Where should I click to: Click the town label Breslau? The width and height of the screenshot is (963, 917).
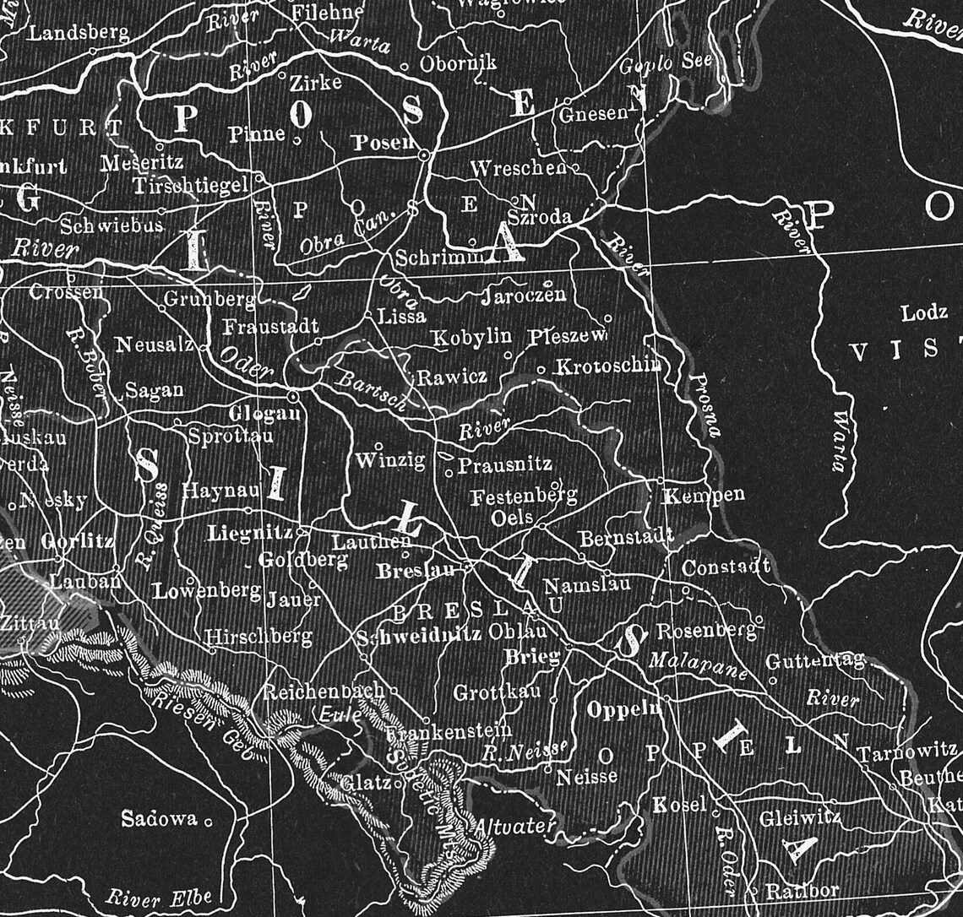point(415,571)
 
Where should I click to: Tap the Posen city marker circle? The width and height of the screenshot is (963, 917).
point(425,156)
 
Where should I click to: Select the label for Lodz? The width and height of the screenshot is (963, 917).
point(924,313)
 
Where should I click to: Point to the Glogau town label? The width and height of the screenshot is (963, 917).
point(264,414)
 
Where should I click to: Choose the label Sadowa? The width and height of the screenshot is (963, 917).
point(159,818)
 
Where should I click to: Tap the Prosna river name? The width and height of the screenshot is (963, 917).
point(704,404)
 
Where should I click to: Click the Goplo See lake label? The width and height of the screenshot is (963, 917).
point(666,62)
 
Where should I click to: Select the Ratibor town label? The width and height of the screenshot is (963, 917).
point(802,890)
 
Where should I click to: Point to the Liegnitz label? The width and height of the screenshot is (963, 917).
point(250,533)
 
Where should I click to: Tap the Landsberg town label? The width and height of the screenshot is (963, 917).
point(79,34)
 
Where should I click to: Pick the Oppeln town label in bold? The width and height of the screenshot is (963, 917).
point(623,709)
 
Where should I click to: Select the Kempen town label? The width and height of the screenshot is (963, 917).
point(704,495)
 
